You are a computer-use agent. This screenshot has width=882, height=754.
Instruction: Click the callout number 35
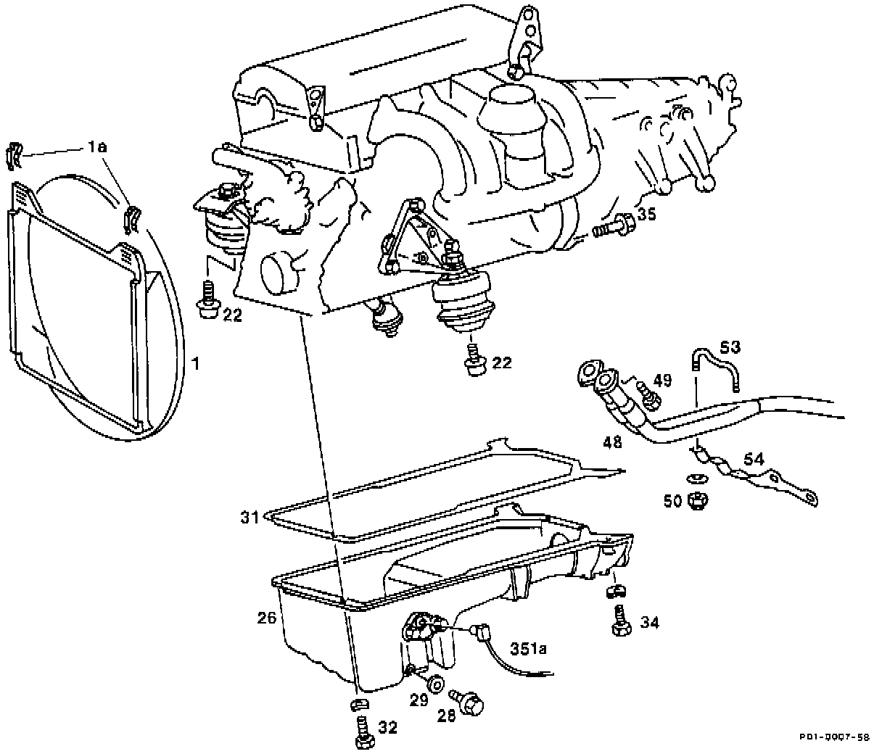pyautogui.click(x=646, y=214)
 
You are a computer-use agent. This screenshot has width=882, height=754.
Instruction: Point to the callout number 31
pyautogui.click(x=250, y=517)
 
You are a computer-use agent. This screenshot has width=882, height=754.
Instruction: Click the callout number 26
pyautogui.click(x=266, y=618)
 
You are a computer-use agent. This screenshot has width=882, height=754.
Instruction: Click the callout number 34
pyautogui.click(x=650, y=622)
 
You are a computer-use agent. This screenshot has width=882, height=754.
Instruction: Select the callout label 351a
pyautogui.click(x=527, y=649)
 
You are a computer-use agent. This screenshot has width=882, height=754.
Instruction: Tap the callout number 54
pyautogui.click(x=754, y=459)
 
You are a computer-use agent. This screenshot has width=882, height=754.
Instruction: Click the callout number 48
pyautogui.click(x=612, y=441)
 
